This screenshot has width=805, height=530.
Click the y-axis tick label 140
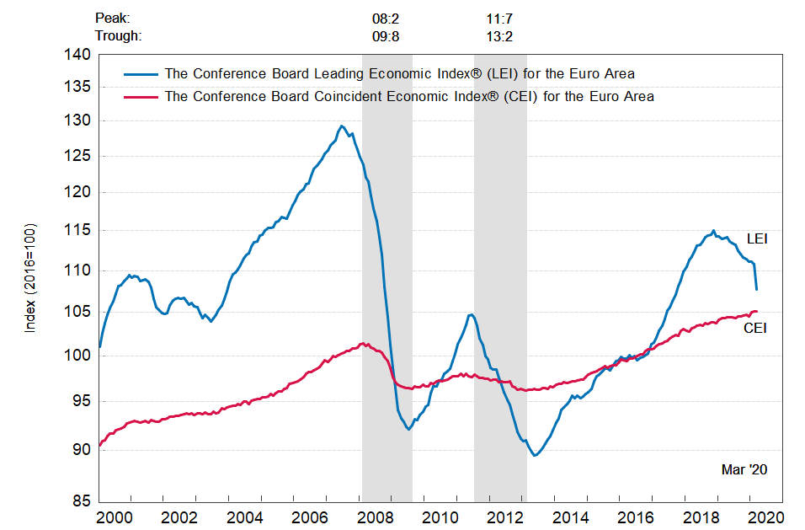[78, 55]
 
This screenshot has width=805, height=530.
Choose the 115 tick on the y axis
[78, 230]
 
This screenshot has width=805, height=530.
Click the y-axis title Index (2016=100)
[30, 278]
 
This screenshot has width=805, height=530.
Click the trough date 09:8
[387, 35]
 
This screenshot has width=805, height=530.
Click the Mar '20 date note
[744, 469]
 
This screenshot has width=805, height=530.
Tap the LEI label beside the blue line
[757, 240]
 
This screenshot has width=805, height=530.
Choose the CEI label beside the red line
[754, 329]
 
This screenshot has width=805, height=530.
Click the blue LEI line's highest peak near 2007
[341, 126]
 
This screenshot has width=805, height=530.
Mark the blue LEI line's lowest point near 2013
[535, 456]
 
